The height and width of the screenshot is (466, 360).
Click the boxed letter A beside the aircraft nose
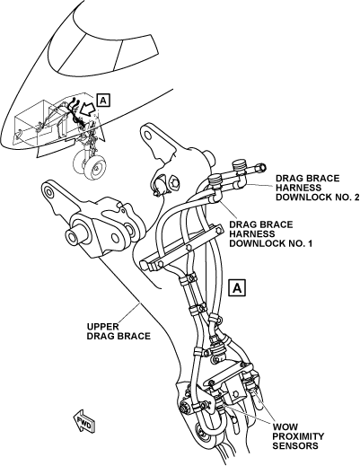[x=103, y=101]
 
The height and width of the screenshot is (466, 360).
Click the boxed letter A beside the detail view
[x=237, y=288]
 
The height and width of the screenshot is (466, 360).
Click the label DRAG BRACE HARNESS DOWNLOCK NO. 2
[x=317, y=188]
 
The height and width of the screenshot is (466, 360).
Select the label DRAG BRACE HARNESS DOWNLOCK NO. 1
[x=270, y=234]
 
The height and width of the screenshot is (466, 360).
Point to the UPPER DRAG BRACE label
[x=119, y=331]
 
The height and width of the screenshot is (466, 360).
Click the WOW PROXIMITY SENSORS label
[x=298, y=436]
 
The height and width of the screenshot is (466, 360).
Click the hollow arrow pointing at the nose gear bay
[x=89, y=110]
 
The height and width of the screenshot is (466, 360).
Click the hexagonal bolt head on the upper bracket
[x=174, y=183]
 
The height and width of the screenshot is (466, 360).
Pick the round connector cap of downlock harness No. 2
[x=241, y=164]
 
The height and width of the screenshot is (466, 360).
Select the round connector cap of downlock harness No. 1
[x=215, y=180]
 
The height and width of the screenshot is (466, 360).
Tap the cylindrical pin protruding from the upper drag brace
[x=77, y=235]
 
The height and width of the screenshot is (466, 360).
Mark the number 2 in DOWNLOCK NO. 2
[x=356, y=198]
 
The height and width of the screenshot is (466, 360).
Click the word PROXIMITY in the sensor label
[x=298, y=436]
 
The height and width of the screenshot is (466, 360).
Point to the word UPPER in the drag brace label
[x=102, y=326]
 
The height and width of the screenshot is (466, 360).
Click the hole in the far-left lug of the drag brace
[x=48, y=189]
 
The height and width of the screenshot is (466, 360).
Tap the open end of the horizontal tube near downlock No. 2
[x=262, y=168]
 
